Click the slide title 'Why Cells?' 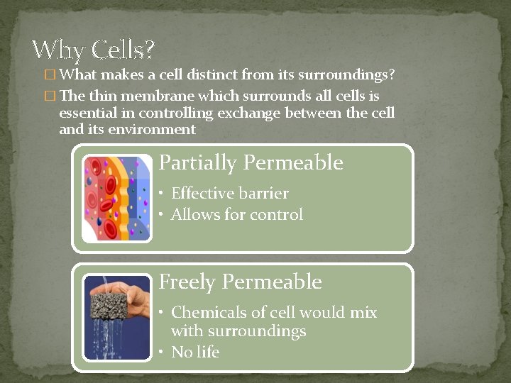[x=93, y=50]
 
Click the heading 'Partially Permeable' [x=251, y=163]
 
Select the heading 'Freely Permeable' [x=240, y=282]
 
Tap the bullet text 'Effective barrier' [x=229, y=194]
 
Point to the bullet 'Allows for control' [x=236, y=214]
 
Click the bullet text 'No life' [x=195, y=352]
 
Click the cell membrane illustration [x=116, y=199]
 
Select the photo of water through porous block [x=116, y=318]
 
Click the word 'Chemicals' [x=206, y=312]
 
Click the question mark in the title [x=148, y=50]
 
